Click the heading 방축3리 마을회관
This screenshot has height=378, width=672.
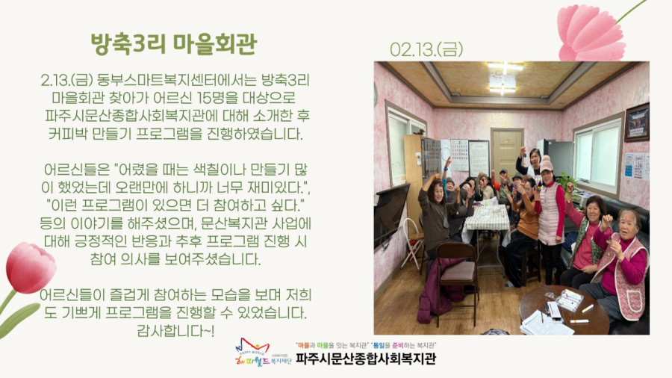(x=173, y=43)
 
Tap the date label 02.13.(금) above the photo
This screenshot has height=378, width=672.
(x=426, y=49)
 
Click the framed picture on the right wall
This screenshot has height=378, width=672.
(x=637, y=122)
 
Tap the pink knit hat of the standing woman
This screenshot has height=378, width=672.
(x=547, y=166)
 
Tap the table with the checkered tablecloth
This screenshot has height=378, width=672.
(x=487, y=219)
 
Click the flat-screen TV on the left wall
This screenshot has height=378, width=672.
(x=391, y=214)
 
